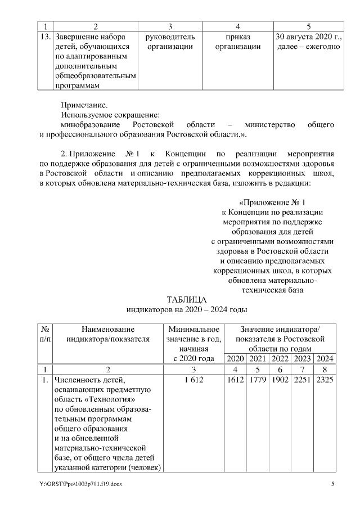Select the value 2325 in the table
[325, 380]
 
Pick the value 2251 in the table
[302, 380]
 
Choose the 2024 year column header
[325, 359]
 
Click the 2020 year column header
[236, 359]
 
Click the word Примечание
[84, 104]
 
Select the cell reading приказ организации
[238, 42]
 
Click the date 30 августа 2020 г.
[308, 37]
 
